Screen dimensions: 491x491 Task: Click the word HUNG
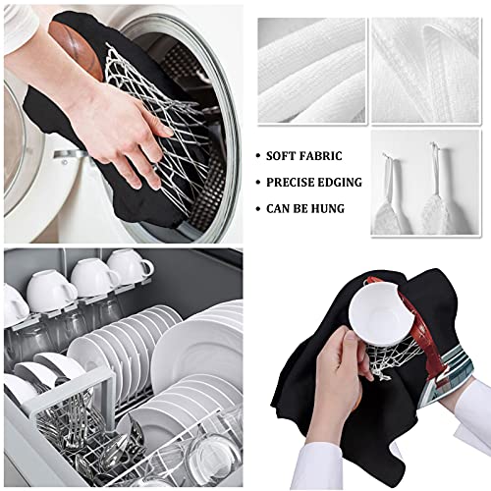point(343,208)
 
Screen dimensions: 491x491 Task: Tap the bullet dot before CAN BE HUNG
point(257,208)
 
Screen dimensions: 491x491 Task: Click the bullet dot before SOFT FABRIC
point(257,156)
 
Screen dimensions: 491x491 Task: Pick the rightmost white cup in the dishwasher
point(131,266)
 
